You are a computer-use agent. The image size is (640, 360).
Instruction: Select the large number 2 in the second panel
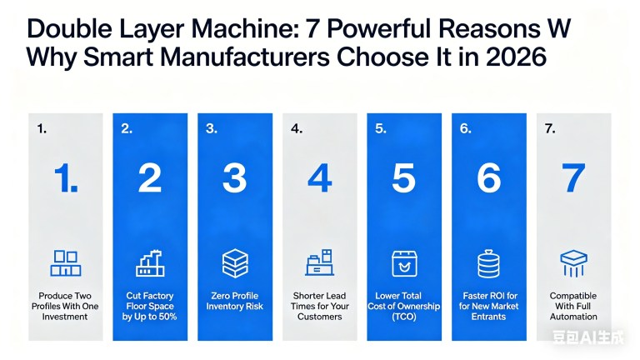coord(150,178)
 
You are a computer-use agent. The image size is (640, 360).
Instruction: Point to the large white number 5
coord(403,178)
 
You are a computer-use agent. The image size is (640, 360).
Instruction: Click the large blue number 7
coord(573,178)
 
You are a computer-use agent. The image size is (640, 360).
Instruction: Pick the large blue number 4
coord(320,178)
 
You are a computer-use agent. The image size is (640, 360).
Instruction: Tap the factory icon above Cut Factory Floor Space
coord(150,263)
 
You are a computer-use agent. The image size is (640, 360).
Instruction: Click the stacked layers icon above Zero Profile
coord(235,263)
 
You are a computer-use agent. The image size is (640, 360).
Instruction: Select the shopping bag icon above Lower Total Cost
coord(404,263)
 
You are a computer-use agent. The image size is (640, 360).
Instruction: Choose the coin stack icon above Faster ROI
coord(488,263)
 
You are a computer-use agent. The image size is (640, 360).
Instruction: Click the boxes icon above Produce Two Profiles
coord(65,263)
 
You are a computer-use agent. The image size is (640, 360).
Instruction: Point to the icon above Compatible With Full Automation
coord(573,263)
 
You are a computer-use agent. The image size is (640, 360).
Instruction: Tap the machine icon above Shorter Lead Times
coord(320,262)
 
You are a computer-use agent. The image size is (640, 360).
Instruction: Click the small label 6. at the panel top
coord(465,128)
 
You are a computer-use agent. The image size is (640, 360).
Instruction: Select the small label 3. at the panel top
coord(212,128)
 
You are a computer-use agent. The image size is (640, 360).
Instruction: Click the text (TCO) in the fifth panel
coord(403,317)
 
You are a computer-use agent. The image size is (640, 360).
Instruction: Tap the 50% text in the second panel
coord(166,317)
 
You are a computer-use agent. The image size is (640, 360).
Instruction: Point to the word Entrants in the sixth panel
coord(488,317)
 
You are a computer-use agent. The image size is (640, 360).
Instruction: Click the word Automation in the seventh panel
coord(573,317)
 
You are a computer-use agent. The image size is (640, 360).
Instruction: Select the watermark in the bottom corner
coord(588,337)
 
